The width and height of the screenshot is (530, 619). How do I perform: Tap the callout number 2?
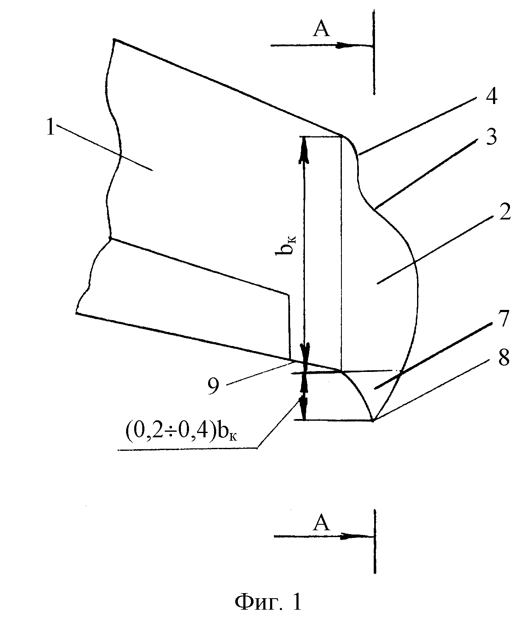coord(505,212)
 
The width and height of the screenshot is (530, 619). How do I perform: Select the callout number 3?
coord(491,137)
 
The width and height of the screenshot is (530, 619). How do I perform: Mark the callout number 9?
coord(213,386)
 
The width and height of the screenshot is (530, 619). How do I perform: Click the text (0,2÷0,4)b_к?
coord(181,433)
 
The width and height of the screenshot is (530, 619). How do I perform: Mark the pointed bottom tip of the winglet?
coord(373,420)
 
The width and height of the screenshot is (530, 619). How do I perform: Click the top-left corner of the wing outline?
coord(114,39)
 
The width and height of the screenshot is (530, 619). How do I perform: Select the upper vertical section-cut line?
coord(374,52)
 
